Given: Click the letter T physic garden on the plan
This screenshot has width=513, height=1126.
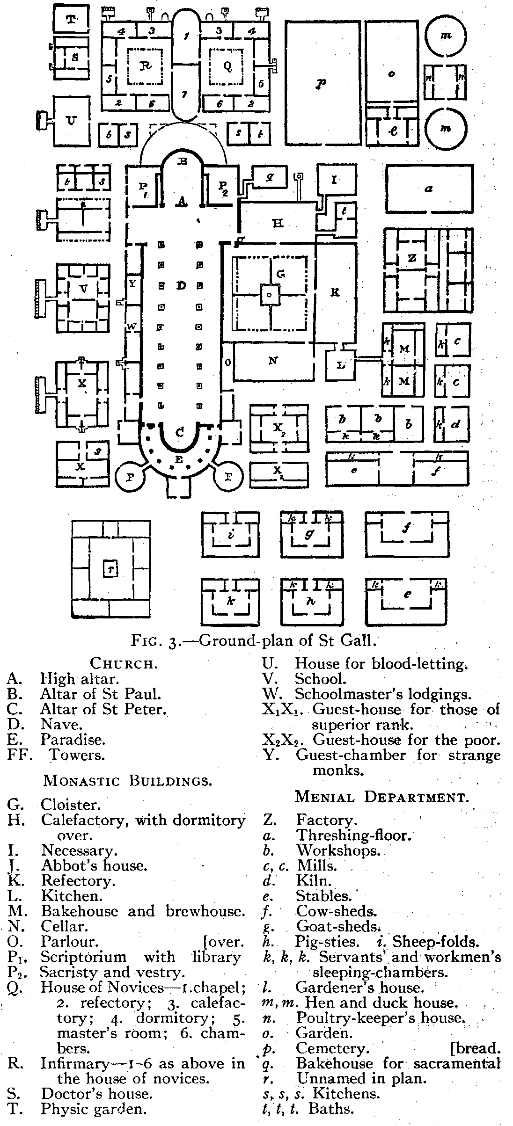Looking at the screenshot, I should [71, 19].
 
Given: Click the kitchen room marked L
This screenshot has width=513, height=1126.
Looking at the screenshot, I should [341, 365].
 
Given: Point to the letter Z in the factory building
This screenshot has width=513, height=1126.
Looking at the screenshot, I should [412, 258].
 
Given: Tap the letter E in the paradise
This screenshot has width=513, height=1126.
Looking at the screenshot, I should [178, 460].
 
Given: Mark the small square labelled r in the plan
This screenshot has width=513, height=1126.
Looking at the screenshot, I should [111, 569].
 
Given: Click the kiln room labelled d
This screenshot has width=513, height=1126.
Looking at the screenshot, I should [455, 425].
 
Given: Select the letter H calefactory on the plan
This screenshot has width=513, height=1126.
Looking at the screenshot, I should [278, 224].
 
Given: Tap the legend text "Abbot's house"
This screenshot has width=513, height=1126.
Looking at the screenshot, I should [94, 865].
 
